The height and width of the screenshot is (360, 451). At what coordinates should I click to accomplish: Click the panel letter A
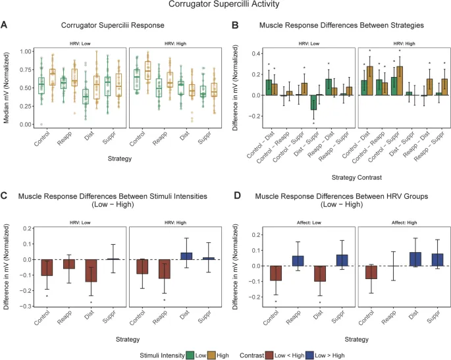tap(5, 25)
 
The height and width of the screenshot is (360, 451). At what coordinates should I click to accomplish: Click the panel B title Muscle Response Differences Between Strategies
tap(342, 25)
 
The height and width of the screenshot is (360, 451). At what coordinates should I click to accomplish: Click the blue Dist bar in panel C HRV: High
tap(186, 255)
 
